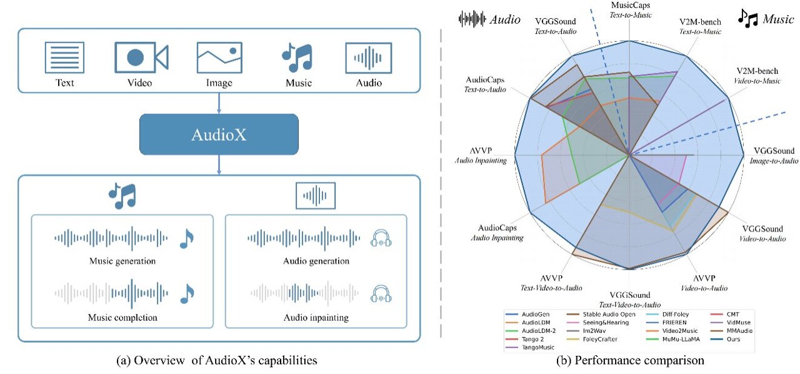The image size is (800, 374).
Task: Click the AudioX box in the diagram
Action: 219,134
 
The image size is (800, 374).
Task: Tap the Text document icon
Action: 64,58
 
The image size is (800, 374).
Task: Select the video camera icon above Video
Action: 141,58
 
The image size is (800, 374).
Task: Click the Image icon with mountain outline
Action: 219,58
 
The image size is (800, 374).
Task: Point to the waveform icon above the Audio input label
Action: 368,58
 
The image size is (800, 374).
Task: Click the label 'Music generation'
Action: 122,261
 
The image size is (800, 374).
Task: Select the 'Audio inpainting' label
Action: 316,318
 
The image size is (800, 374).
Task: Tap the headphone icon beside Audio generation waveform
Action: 381,238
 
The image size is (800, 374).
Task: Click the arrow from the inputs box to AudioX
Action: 219,104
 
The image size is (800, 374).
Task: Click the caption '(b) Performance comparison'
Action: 632,361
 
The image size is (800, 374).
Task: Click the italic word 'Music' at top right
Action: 778,19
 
